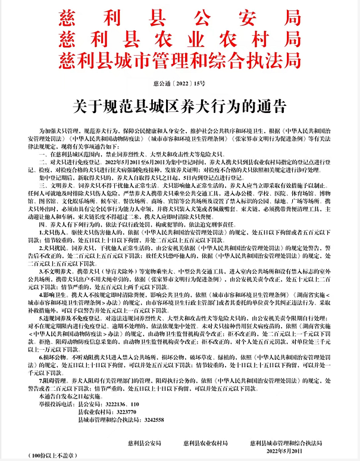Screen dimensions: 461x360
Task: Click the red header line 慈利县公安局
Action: click(180, 18)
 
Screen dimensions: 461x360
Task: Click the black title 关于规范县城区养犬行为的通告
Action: click(180, 106)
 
